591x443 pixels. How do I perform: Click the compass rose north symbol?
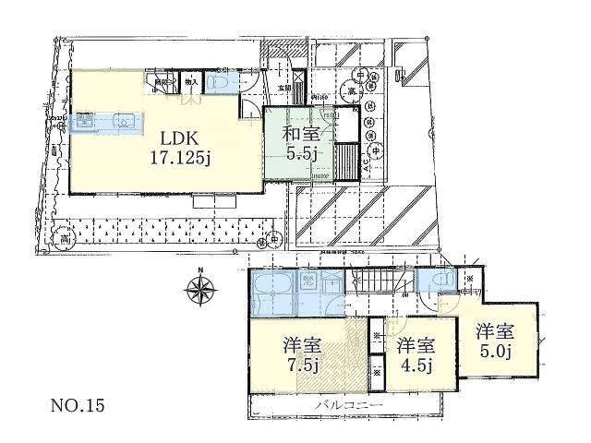click(x=200, y=290)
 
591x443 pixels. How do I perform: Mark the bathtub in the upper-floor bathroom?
click(x=275, y=293)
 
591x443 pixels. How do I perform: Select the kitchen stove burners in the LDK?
click(x=86, y=120)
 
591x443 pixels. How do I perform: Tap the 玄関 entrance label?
click(x=284, y=89)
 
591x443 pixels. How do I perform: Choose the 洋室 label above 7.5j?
click(x=301, y=347)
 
